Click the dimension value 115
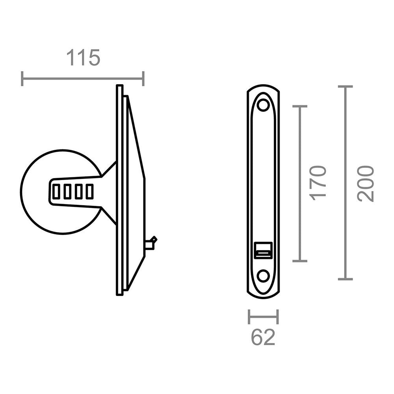coord(83,58)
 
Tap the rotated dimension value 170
coord(318,183)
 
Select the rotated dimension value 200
coord(365,183)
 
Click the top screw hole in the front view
coord(263,106)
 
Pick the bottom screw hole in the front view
coord(263,275)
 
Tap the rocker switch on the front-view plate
coord(263,250)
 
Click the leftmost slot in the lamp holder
coord(57,192)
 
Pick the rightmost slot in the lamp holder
coord(90,192)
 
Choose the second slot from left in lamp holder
coord(68,192)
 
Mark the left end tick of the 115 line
coord(22,79)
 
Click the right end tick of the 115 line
coord(143,79)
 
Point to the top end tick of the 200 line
coord(346,86)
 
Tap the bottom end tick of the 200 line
coord(346,279)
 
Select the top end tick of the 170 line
coord(300,106)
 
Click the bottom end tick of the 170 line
coord(300,260)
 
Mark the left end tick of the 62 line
coord(249,317)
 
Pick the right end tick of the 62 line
coord(277,317)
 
